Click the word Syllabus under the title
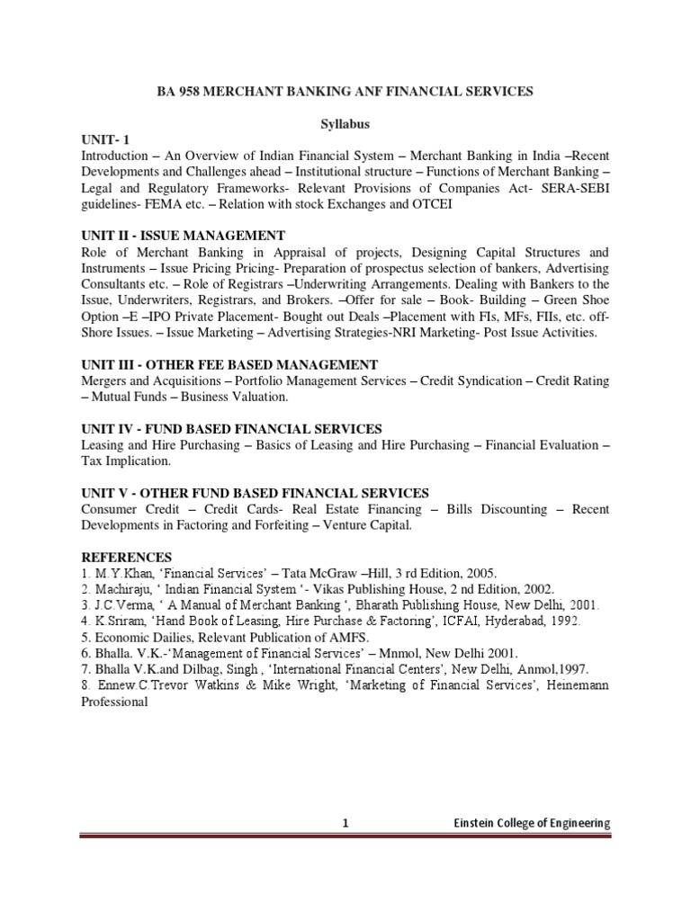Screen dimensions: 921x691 pyautogui.click(x=346, y=122)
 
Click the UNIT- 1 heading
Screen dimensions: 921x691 pyautogui.click(x=105, y=139)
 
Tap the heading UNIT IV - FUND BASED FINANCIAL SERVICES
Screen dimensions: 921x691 pyautogui.click(x=231, y=429)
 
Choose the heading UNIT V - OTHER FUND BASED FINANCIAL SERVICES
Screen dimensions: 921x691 pyautogui.click(x=255, y=493)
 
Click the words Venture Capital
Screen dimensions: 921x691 pyautogui.click(x=365, y=525)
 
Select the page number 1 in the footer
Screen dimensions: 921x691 pyautogui.click(x=345, y=823)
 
